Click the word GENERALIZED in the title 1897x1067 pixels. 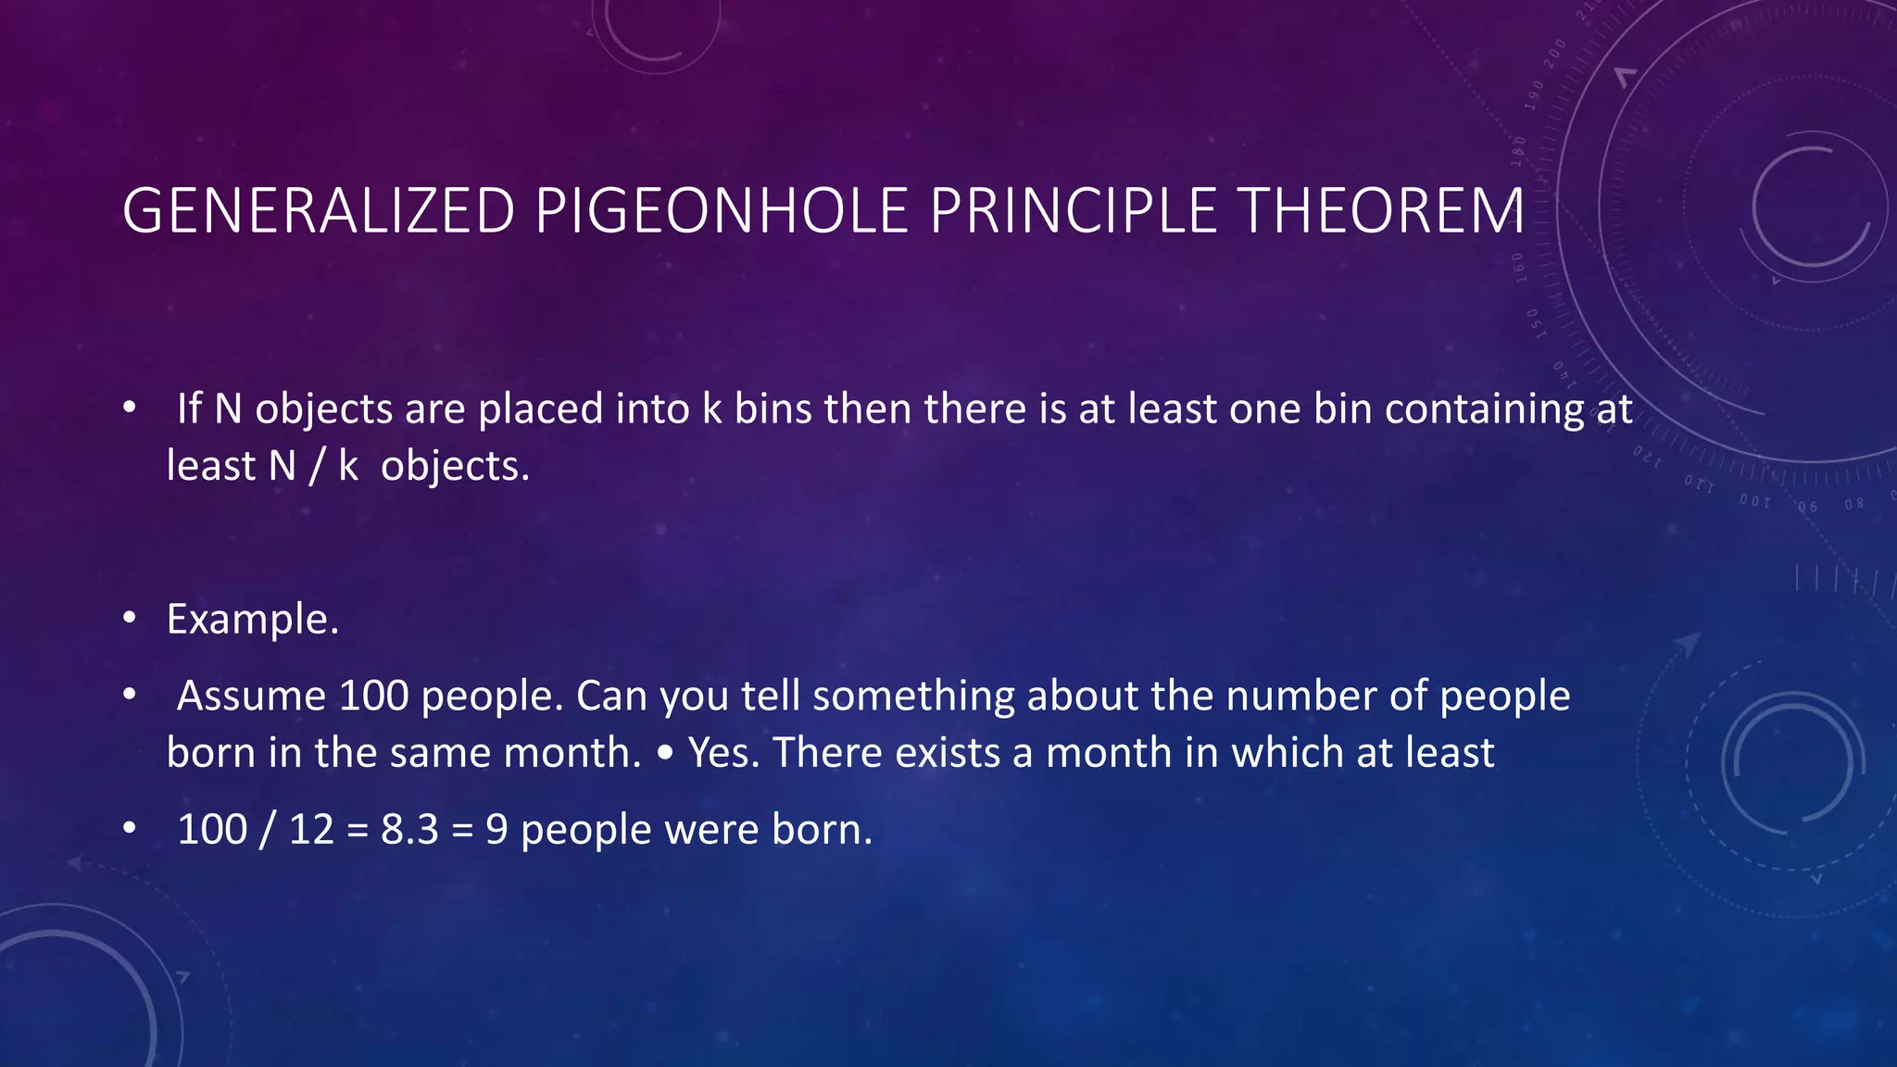[x=319, y=211]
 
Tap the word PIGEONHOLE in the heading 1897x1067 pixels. [x=722, y=211]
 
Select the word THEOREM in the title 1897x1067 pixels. [x=1381, y=211]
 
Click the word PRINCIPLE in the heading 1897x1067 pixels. [x=1073, y=211]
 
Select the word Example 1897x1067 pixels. [x=253, y=619]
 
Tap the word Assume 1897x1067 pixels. [x=251, y=696]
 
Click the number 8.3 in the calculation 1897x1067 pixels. [x=409, y=829]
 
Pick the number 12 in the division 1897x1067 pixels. [x=311, y=829]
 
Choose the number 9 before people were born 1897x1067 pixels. [x=496, y=829]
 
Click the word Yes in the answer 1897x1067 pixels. [x=723, y=752]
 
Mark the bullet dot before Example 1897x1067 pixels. [x=130, y=617]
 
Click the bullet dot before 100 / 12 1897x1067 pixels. [x=130, y=827]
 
